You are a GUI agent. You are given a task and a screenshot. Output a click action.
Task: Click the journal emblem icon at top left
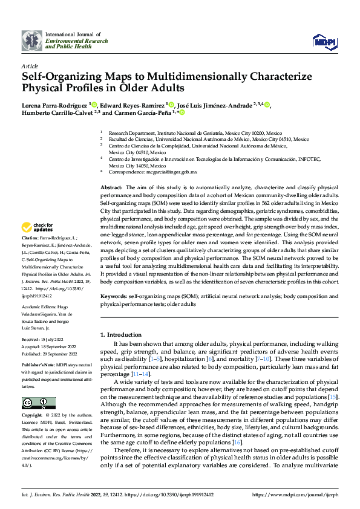tap(32, 41)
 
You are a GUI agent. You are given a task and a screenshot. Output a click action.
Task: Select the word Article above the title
tap(29, 66)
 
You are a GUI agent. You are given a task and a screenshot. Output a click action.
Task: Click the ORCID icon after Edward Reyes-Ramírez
tap(172, 105)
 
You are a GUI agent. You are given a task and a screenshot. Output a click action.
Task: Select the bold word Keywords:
tap(113, 297)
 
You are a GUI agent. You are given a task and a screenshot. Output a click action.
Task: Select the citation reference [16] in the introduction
tap(237, 442)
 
